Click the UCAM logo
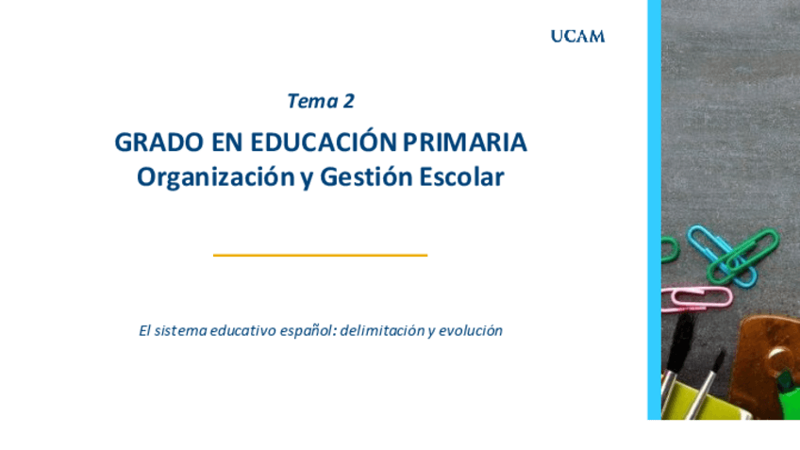pos(577,37)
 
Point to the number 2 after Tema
pos(348,101)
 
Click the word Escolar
pos(458,177)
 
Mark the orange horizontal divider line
pos(320,255)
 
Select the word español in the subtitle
pos(308,332)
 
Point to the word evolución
pos(470,332)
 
